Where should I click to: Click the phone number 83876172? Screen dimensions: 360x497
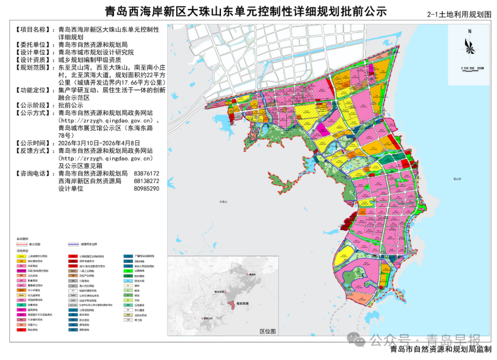point(146,174)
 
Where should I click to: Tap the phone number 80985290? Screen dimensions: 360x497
point(146,189)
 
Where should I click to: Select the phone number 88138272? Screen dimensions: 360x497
point(146,181)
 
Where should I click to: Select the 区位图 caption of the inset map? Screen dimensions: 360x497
point(267,331)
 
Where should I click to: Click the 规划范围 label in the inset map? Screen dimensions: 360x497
point(243,303)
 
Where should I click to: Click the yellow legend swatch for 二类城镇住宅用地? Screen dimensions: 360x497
point(22,257)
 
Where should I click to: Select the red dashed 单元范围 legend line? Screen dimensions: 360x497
point(22,244)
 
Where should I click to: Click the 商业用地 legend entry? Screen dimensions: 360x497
point(33,330)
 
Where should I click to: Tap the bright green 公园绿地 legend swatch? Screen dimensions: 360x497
point(128,271)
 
